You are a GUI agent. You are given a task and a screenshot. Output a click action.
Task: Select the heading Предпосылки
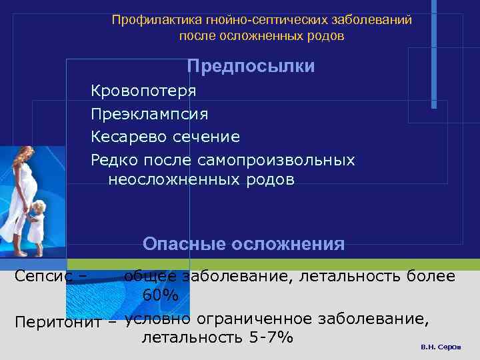point(251,67)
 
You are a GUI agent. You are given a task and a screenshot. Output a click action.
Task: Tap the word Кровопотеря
point(143,90)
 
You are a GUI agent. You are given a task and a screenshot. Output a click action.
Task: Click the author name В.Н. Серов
point(441,348)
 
